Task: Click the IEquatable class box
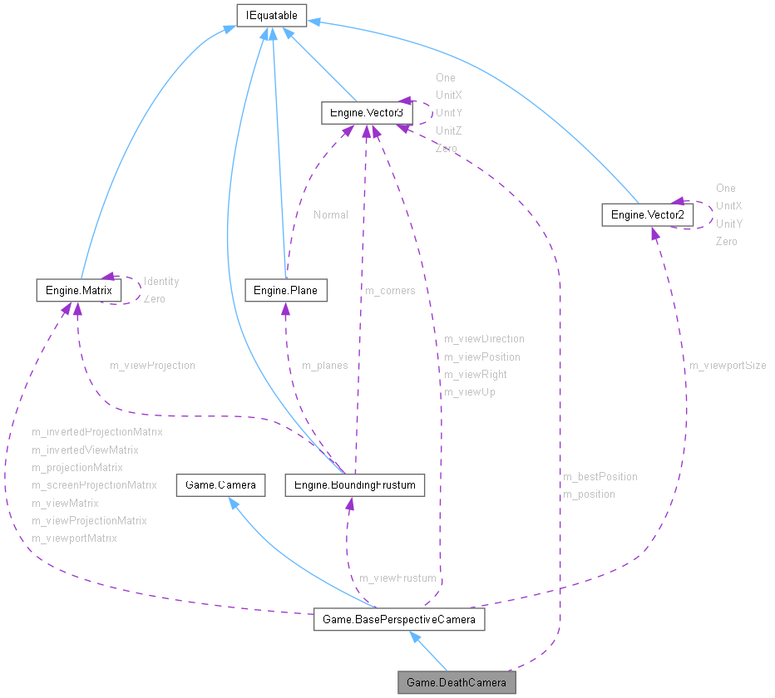point(272,15)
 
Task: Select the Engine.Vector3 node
point(366,113)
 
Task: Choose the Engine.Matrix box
point(79,290)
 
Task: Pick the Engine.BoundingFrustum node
point(355,485)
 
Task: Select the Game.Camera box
point(220,485)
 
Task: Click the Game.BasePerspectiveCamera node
point(398,620)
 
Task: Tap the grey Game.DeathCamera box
point(457,683)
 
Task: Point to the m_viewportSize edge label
point(728,366)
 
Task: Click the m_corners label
point(390,291)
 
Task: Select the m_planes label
point(324,366)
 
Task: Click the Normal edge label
point(331,214)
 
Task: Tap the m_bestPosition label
point(600,477)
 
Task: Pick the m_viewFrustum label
point(397,578)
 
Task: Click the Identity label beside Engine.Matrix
point(161,282)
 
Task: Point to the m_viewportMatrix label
point(74,538)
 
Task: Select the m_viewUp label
point(469,392)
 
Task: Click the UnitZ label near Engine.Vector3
point(448,131)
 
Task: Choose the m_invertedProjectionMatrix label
point(97,432)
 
